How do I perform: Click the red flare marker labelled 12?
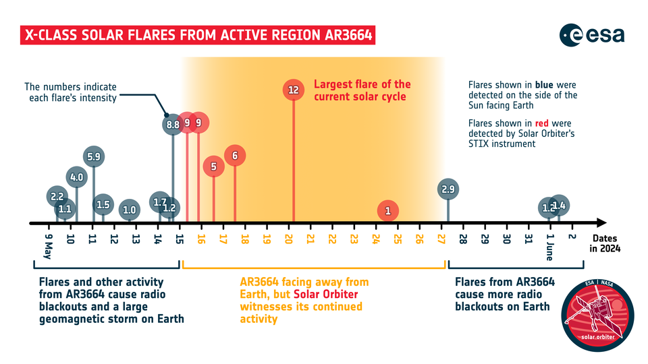[294, 90]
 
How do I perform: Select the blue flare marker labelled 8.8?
[173, 124]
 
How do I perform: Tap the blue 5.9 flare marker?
[94, 157]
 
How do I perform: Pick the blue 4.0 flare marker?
[76, 177]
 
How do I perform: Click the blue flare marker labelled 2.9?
[448, 189]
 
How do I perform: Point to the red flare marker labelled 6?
[235, 156]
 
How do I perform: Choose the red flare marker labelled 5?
[214, 166]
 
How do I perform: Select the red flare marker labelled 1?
[387, 211]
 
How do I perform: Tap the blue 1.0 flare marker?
[130, 210]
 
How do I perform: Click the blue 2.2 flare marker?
[57, 196]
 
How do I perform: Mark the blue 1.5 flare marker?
[103, 204]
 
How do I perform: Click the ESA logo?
[592, 35]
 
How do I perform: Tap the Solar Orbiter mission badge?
[597, 315]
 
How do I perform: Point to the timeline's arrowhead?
[601, 223]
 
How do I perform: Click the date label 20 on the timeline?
[288, 239]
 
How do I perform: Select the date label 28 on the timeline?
[463, 239]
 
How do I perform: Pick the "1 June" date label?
[549, 247]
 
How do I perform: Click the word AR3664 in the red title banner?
[349, 35]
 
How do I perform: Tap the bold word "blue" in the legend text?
[544, 85]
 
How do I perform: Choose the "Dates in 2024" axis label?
[605, 243]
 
